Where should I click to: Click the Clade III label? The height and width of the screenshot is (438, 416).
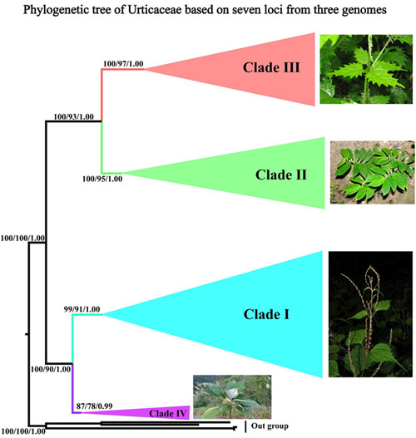pos(271,67)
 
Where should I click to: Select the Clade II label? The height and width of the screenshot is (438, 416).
pos(281,175)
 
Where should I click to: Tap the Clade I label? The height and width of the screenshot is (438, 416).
pos(266,314)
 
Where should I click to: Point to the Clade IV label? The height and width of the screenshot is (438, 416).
pos(168,413)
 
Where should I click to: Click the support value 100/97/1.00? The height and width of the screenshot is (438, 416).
pos(123,64)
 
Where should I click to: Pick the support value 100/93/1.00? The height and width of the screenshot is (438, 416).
pos(73,116)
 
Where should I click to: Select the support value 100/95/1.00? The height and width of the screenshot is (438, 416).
pos(102,179)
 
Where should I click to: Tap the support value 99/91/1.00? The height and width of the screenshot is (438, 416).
pos(82,309)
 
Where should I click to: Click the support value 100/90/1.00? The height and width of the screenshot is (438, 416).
pos(50,369)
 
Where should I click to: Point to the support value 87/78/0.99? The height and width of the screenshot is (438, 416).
pos(95,406)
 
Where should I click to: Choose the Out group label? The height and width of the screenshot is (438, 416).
pos(270,426)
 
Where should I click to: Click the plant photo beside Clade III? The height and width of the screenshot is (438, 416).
pos(366,69)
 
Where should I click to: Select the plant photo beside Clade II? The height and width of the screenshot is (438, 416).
pos(373,172)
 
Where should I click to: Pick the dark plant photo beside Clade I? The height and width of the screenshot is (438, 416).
pos(370,314)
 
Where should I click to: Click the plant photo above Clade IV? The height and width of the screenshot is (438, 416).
pos(232,396)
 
